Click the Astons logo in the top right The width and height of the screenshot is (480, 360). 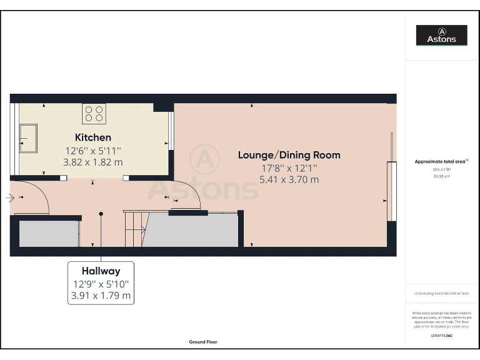coord(442,35)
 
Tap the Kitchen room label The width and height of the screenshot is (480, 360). coord(93,137)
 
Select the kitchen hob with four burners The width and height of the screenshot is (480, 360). coord(94,113)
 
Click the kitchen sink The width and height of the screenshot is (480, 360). coord(28,138)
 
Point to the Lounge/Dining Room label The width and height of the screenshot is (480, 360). coord(289,155)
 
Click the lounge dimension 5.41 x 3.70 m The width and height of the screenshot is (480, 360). coord(289,179)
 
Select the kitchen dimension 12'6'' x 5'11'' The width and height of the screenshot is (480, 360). coord(93,151)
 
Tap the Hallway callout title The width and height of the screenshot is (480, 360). coord(101,271)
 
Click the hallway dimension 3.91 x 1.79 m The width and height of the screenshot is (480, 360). coord(101,296)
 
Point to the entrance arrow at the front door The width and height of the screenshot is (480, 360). coord(9,198)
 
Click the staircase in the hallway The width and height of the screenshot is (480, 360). coord(135,229)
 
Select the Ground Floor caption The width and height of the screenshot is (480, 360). coord(204,342)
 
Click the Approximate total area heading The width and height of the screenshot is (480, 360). coord(441,161)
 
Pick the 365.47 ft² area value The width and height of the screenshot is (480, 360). coord(441,169)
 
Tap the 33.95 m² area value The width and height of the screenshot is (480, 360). coord(441,176)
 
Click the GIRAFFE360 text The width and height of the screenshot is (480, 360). coord(441,336)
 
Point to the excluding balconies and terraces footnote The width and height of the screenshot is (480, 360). coord(441,293)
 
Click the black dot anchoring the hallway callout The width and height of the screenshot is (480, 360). coord(101,214)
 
